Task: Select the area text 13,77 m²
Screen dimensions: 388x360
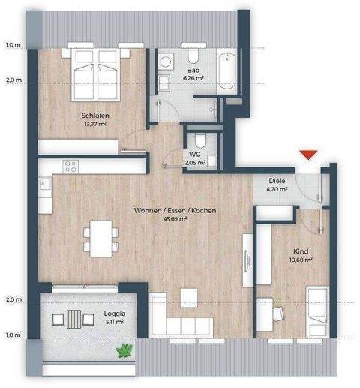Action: pos(95,125)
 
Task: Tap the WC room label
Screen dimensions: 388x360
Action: pos(193,153)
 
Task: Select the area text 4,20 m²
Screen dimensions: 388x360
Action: pos(277,190)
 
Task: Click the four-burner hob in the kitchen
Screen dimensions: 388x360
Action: pos(71,167)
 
